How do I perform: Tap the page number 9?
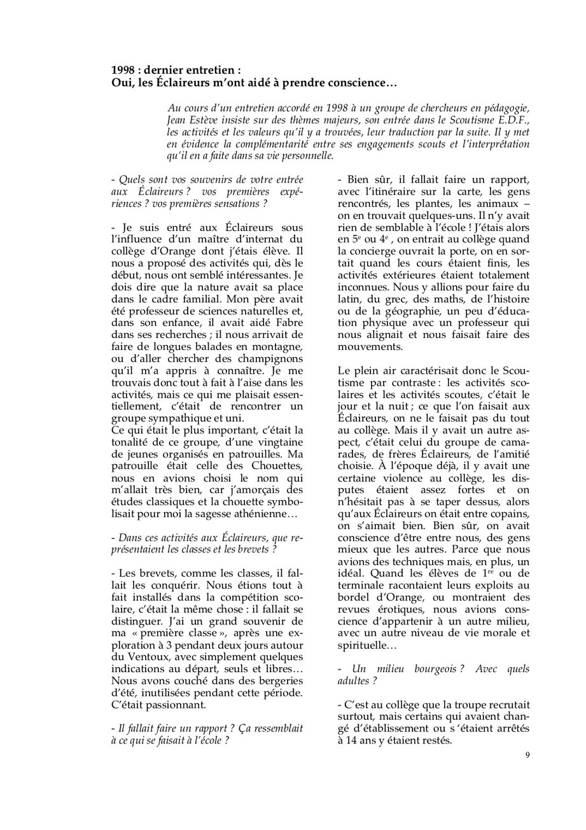(527, 755)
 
